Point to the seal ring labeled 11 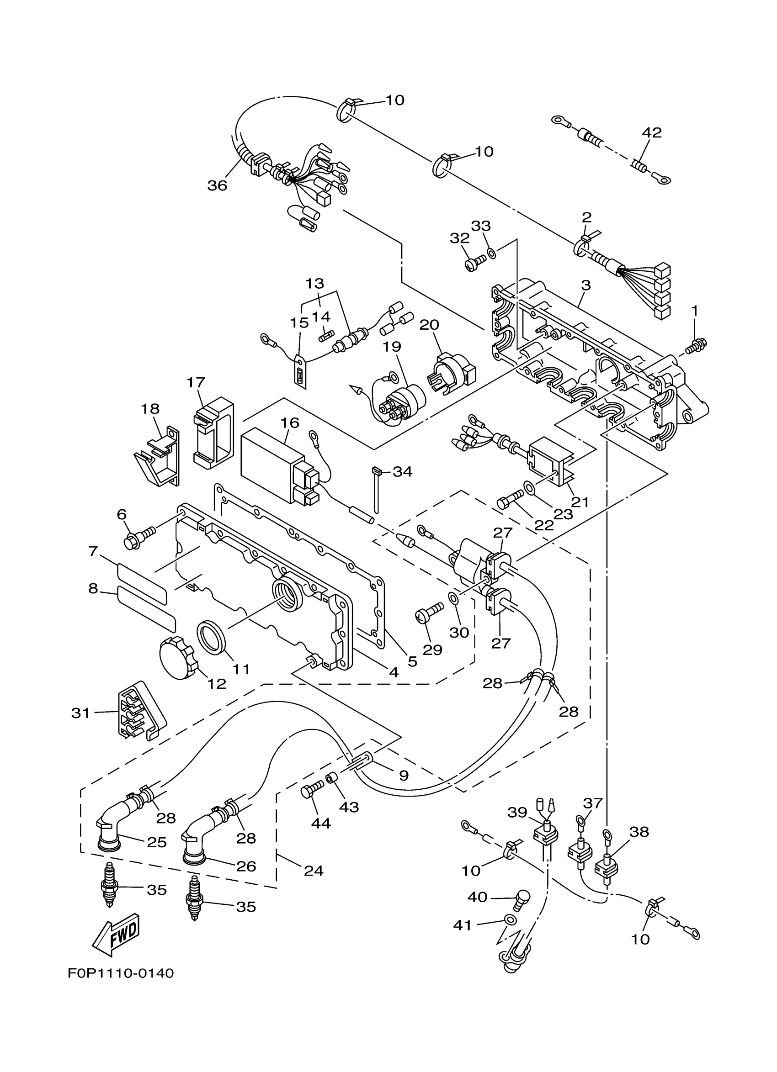pos(212,638)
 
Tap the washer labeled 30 pos(453,599)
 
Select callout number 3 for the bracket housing pos(586,285)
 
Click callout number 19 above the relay pos(392,347)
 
